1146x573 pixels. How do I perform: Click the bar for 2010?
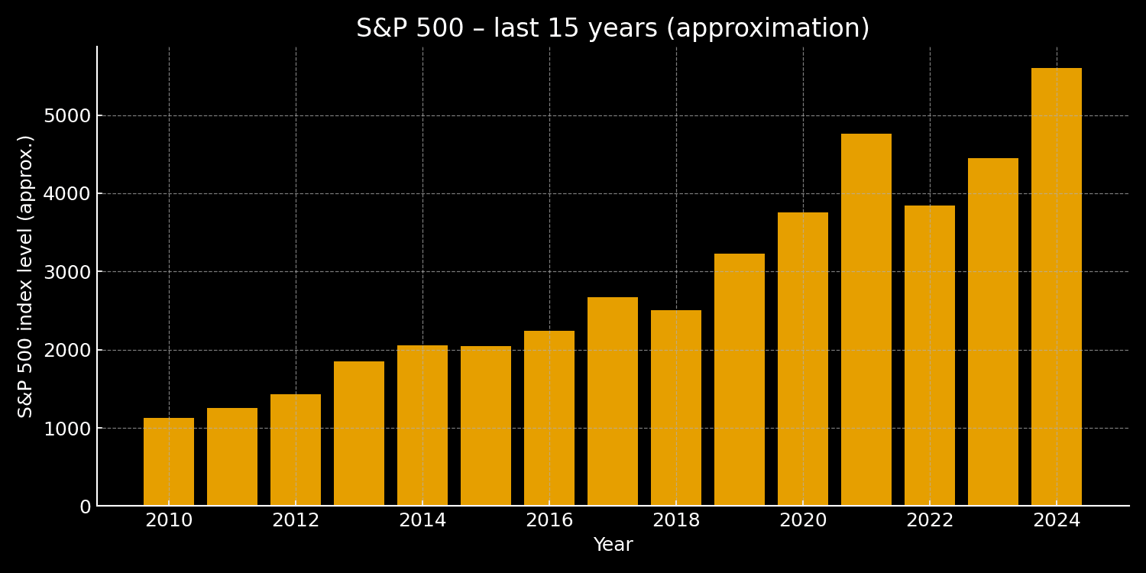tap(169, 461)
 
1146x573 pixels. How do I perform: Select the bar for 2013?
tap(359, 433)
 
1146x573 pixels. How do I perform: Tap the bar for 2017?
tap(613, 401)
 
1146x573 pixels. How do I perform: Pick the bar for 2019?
tap(740, 380)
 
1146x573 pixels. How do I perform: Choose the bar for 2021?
tap(866, 319)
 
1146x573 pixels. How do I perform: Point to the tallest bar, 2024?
tap(1057, 286)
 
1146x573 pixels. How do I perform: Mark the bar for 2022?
tap(930, 355)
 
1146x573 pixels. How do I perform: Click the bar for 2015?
tap(486, 426)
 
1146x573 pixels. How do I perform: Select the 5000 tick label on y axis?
tap(67, 116)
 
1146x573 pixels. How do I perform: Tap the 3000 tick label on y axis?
tap(67, 272)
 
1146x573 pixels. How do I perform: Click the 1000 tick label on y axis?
tap(67, 429)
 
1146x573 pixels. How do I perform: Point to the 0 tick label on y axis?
tap(85, 507)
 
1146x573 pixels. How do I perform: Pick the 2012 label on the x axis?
tap(296, 521)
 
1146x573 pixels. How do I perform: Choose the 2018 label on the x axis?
tap(676, 521)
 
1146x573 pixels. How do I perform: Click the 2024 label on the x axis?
tap(1057, 521)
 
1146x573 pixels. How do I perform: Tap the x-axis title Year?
tap(613, 545)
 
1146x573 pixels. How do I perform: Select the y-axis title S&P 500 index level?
tap(26, 276)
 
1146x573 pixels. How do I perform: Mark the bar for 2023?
tap(993, 332)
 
